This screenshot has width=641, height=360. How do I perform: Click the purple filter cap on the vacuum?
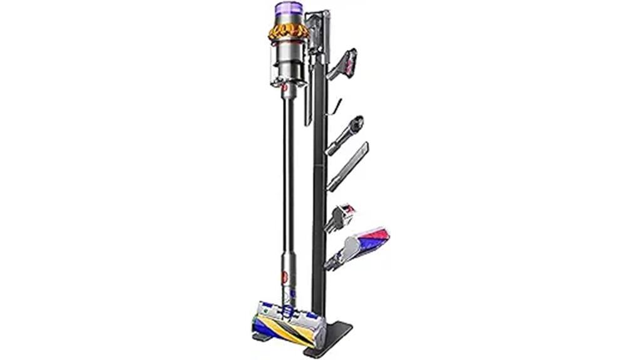point(287,13)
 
